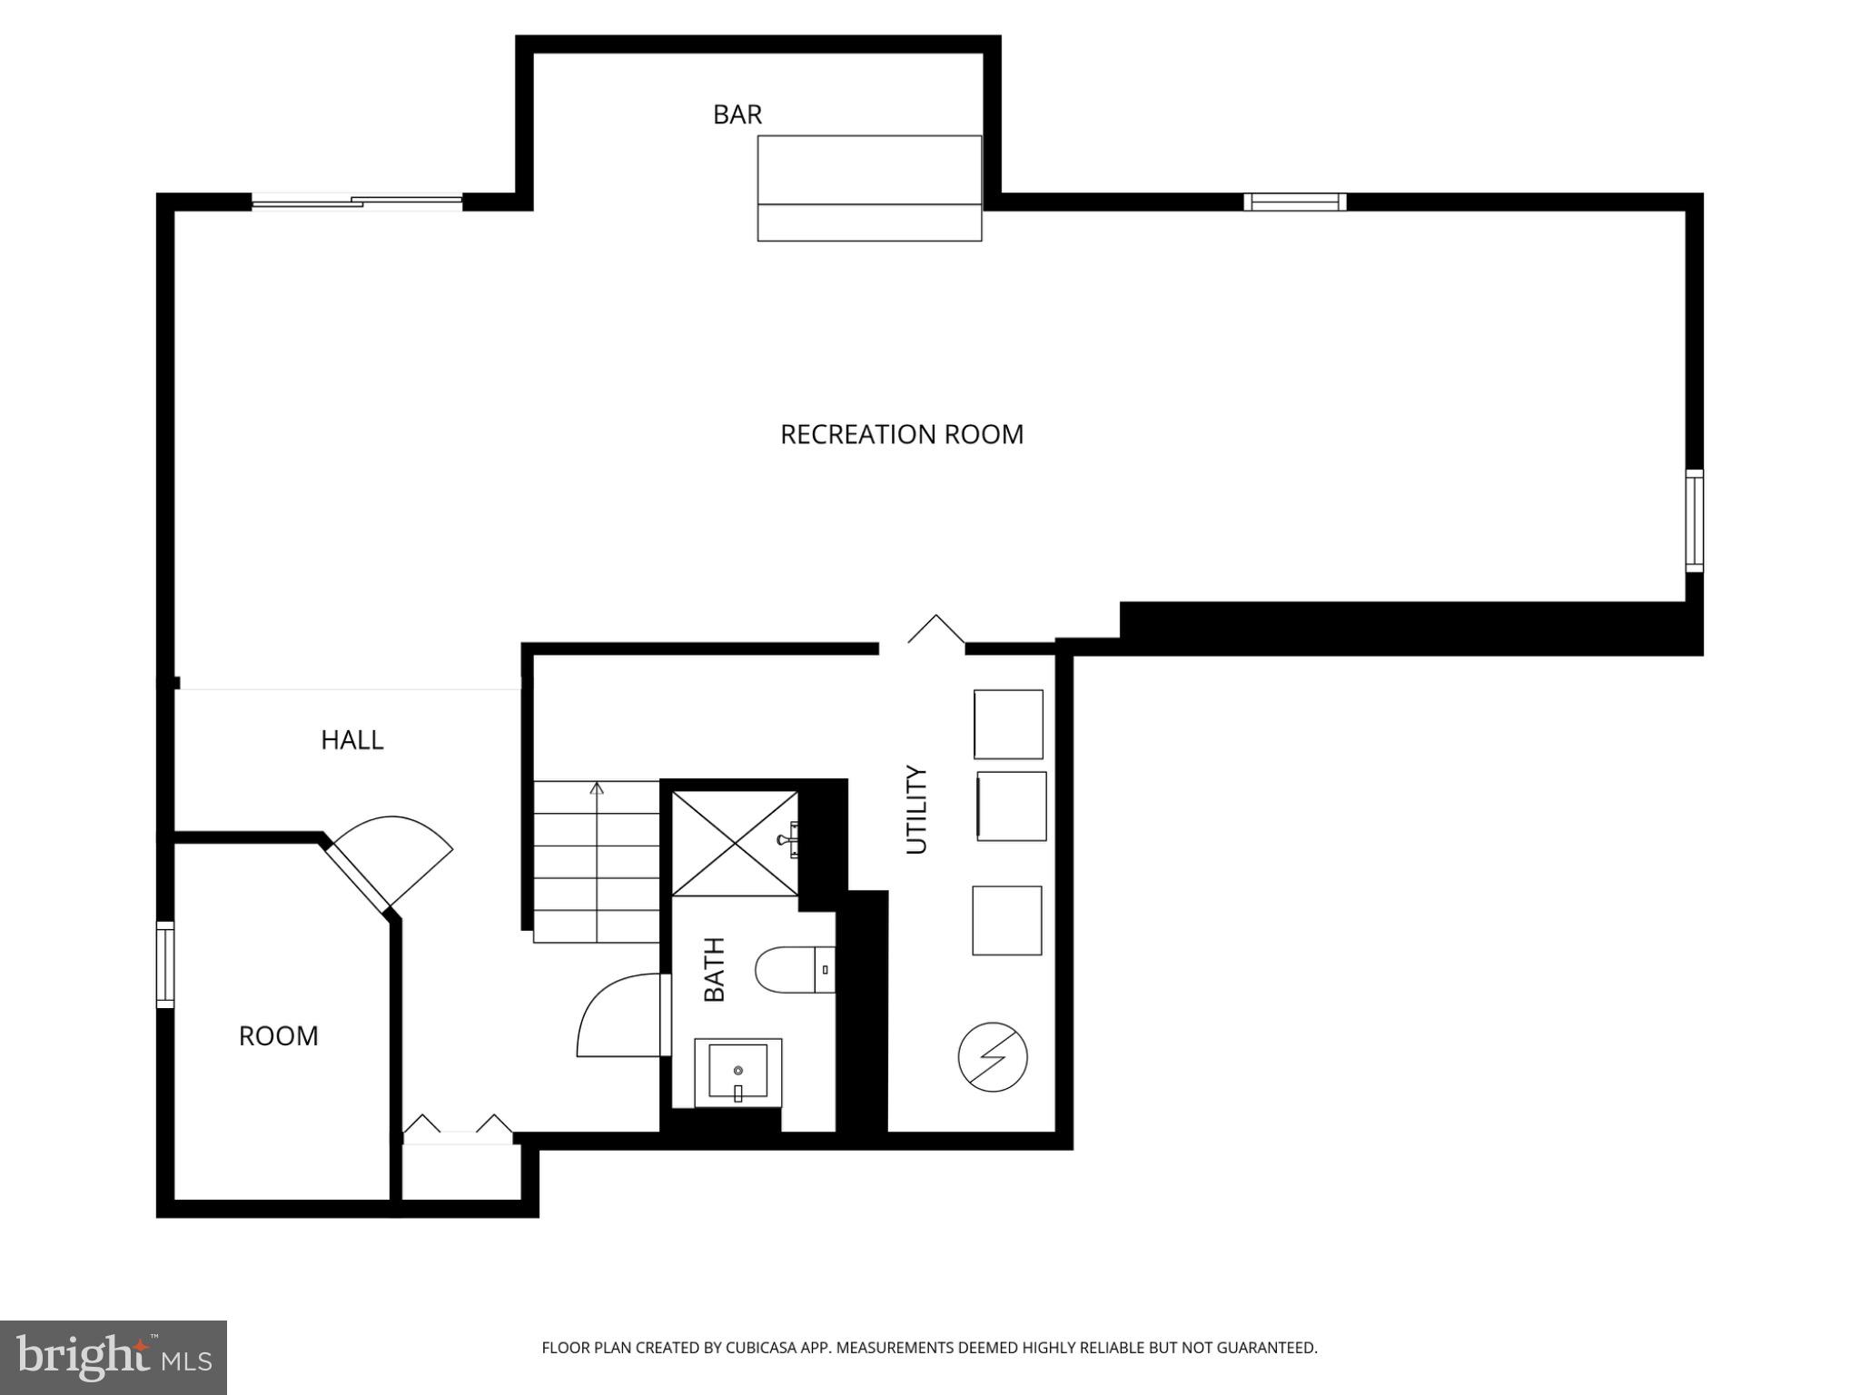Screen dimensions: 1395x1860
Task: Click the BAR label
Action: [x=737, y=114]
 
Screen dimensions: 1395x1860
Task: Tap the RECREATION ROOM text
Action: [x=901, y=434]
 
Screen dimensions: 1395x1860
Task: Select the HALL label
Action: [x=351, y=740]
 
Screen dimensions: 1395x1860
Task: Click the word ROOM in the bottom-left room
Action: [x=278, y=1036]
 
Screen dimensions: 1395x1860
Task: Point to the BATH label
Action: [x=715, y=970]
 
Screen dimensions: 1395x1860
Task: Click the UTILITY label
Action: [x=916, y=809]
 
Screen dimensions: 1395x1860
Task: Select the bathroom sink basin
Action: [x=737, y=1073]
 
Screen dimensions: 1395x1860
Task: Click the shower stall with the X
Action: [x=734, y=844]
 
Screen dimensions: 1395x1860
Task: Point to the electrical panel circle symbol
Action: [x=992, y=1057]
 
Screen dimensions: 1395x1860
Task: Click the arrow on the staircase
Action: [x=597, y=788]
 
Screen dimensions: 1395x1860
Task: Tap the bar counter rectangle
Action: [x=869, y=188]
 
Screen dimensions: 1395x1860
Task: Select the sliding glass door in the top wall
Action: [x=357, y=202]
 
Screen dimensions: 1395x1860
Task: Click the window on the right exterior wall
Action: [x=1694, y=520]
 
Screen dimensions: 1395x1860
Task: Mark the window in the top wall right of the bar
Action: [x=1294, y=202]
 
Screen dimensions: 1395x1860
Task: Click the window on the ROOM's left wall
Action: [x=165, y=965]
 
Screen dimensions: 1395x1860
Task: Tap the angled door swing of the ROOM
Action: [x=400, y=854]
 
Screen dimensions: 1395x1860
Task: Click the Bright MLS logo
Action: [x=113, y=1357]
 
